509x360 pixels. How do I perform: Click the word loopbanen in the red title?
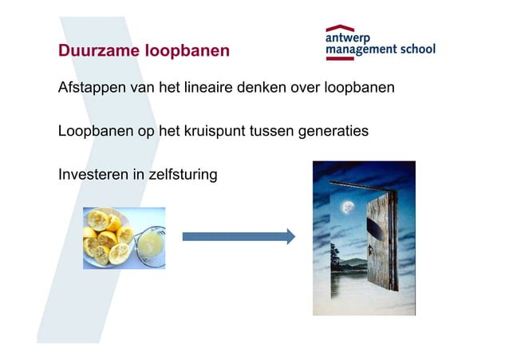pyautogui.click(x=187, y=51)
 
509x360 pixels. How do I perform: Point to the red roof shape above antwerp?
pyautogui.click(x=341, y=28)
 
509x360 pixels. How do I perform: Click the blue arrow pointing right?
pyautogui.click(x=239, y=236)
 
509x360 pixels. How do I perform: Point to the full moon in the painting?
pyautogui.click(x=348, y=208)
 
